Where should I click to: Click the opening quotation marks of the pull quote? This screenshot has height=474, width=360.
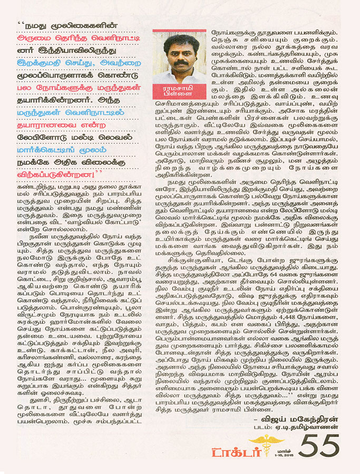21,24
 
